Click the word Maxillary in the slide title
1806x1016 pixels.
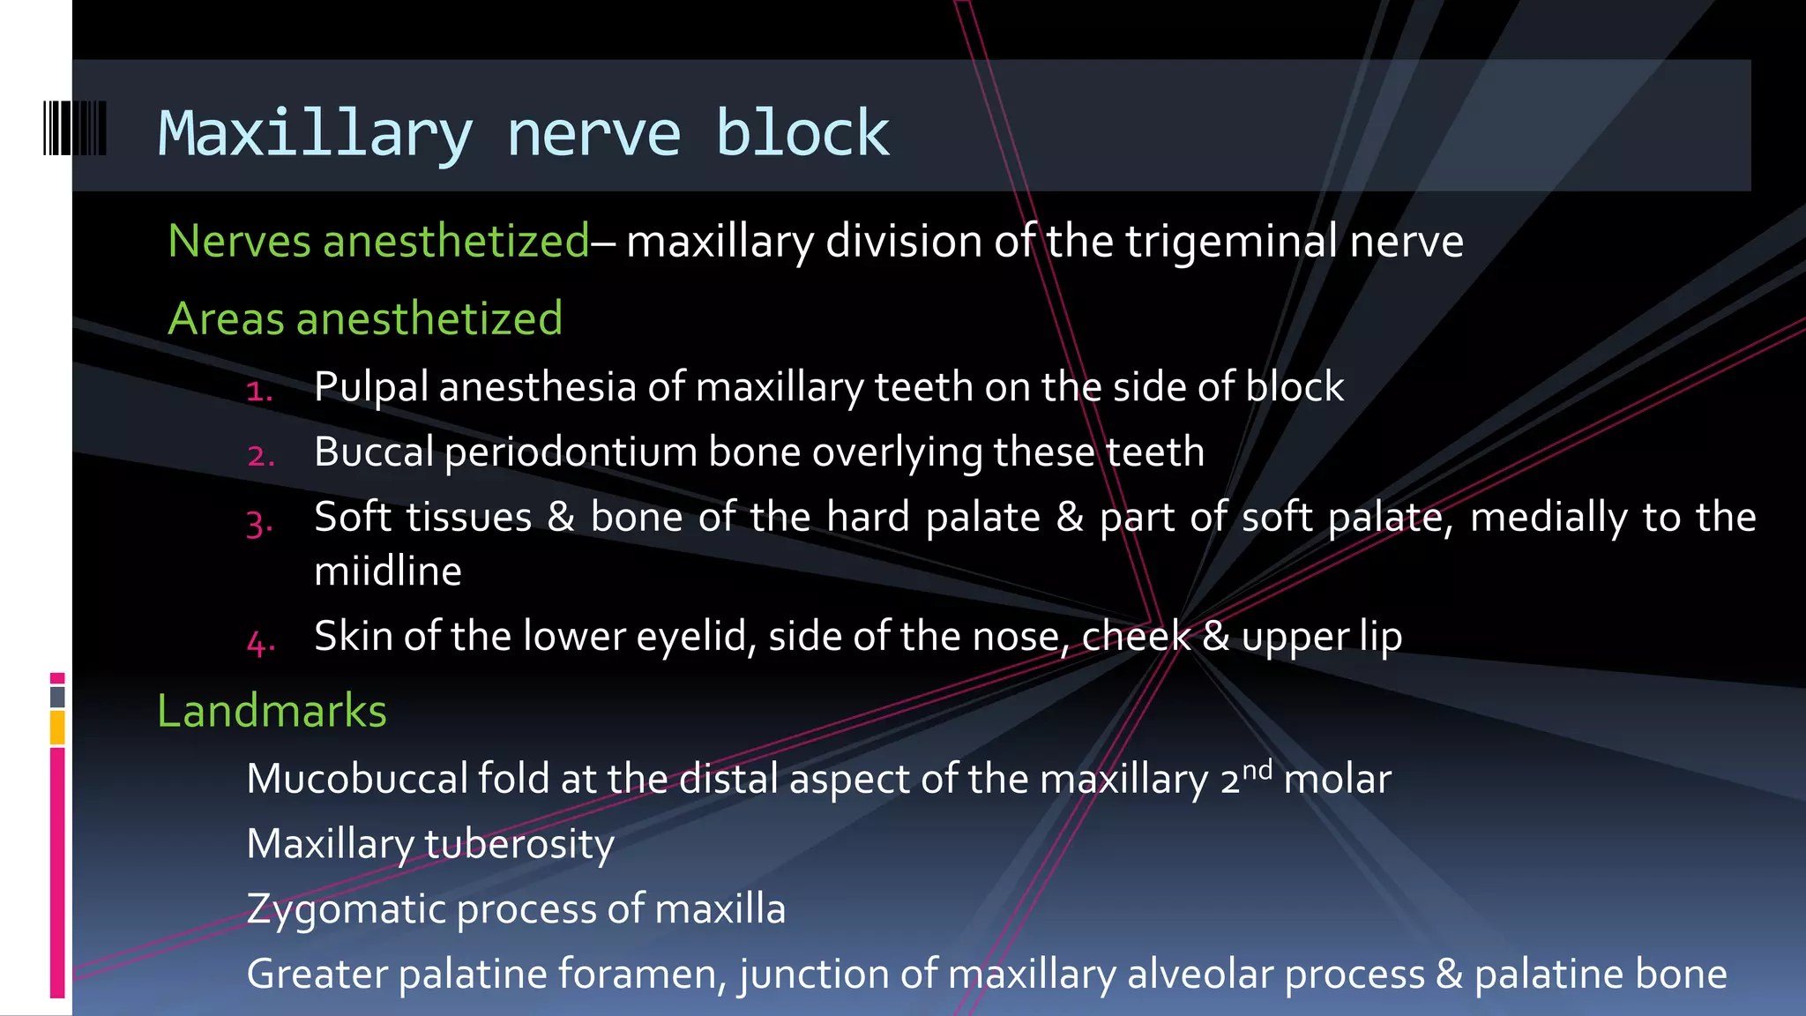point(315,134)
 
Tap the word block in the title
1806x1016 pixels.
point(802,134)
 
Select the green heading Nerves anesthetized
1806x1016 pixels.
point(378,241)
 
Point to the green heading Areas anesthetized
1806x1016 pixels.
point(365,318)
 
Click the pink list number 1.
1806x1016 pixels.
point(258,391)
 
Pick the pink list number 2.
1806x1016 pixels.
point(260,456)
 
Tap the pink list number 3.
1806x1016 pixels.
point(259,523)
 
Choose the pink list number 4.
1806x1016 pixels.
point(260,642)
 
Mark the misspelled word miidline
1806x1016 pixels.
point(388,571)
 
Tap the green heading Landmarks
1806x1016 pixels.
point(272,711)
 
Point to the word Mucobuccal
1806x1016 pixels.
point(356,779)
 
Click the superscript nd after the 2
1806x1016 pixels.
point(1257,769)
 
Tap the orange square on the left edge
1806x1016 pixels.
point(57,728)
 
